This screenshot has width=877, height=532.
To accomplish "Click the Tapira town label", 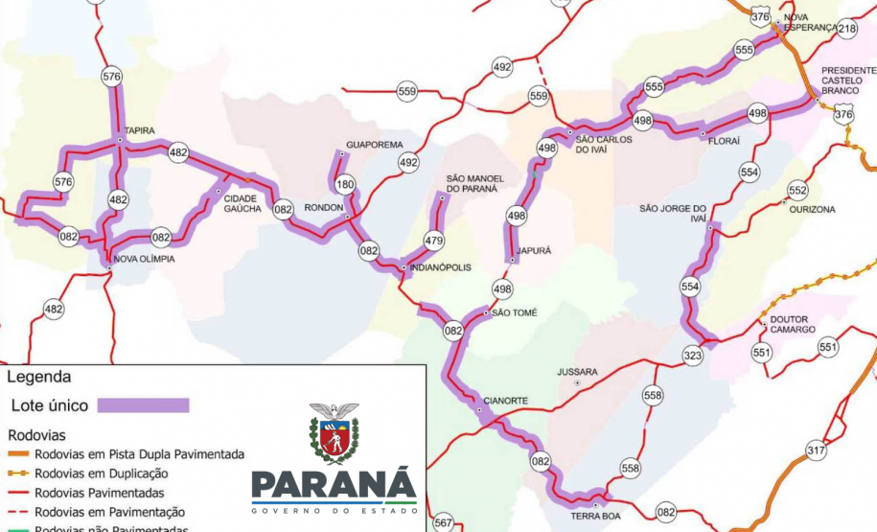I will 139,131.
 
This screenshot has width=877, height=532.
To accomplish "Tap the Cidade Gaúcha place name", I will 242,203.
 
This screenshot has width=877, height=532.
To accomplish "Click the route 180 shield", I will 345,185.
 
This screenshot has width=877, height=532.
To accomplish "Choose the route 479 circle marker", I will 434,241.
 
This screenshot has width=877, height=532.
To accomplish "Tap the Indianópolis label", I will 440,267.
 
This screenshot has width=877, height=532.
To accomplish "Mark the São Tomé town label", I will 515,312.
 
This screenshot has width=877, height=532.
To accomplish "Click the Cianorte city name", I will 505,401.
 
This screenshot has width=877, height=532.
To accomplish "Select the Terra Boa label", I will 594,516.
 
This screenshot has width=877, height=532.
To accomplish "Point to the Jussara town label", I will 577,372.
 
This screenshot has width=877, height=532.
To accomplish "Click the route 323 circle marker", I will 692,355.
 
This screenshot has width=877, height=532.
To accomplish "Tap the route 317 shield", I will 816,450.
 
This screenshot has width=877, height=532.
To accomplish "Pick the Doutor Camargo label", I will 792,324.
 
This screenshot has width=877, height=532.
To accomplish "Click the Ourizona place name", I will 812,209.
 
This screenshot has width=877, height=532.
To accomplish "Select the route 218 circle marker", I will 846,30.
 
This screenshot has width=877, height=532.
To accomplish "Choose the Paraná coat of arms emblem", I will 334,433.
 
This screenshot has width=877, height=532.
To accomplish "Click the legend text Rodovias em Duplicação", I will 101,474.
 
